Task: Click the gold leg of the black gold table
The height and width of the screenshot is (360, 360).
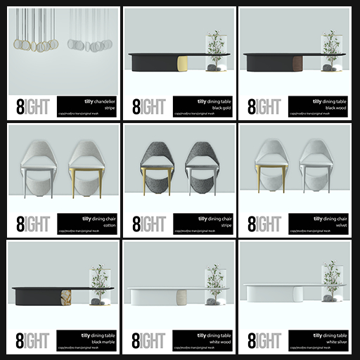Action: coord(183,63)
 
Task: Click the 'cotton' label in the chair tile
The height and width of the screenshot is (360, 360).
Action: coord(105,225)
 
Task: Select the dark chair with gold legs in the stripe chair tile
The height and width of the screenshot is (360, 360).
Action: coord(156,169)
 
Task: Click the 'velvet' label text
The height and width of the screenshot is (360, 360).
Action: coord(336,225)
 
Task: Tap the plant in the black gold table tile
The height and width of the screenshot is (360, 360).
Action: coord(214,46)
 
